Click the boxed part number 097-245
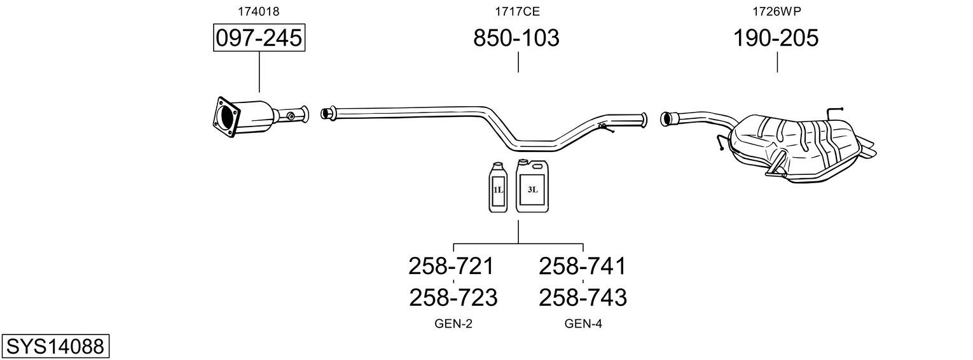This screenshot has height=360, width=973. click(259, 38)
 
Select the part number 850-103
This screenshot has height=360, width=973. click(516, 38)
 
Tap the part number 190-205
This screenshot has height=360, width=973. click(776, 38)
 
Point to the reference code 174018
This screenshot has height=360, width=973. click(258, 11)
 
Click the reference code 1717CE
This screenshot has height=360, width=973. click(517, 11)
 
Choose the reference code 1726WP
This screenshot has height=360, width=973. click(776, 11)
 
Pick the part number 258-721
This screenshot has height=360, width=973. click(451, 266)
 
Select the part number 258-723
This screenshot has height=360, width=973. click(453, 298)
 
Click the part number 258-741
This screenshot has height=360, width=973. click(582, 266)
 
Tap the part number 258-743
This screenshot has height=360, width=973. click(583, 298)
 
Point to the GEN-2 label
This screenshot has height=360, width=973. click(453, 324)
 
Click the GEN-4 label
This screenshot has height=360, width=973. click(583, 324)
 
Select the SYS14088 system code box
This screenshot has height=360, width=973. click(55, 347)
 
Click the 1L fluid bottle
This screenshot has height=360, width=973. click(498, 188)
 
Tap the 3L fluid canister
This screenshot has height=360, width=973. click(532, 186)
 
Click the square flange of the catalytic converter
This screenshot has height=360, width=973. click(226, 117)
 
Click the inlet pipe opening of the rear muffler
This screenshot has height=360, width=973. click(664, 119)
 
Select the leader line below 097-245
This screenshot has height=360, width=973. click(259, 72)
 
